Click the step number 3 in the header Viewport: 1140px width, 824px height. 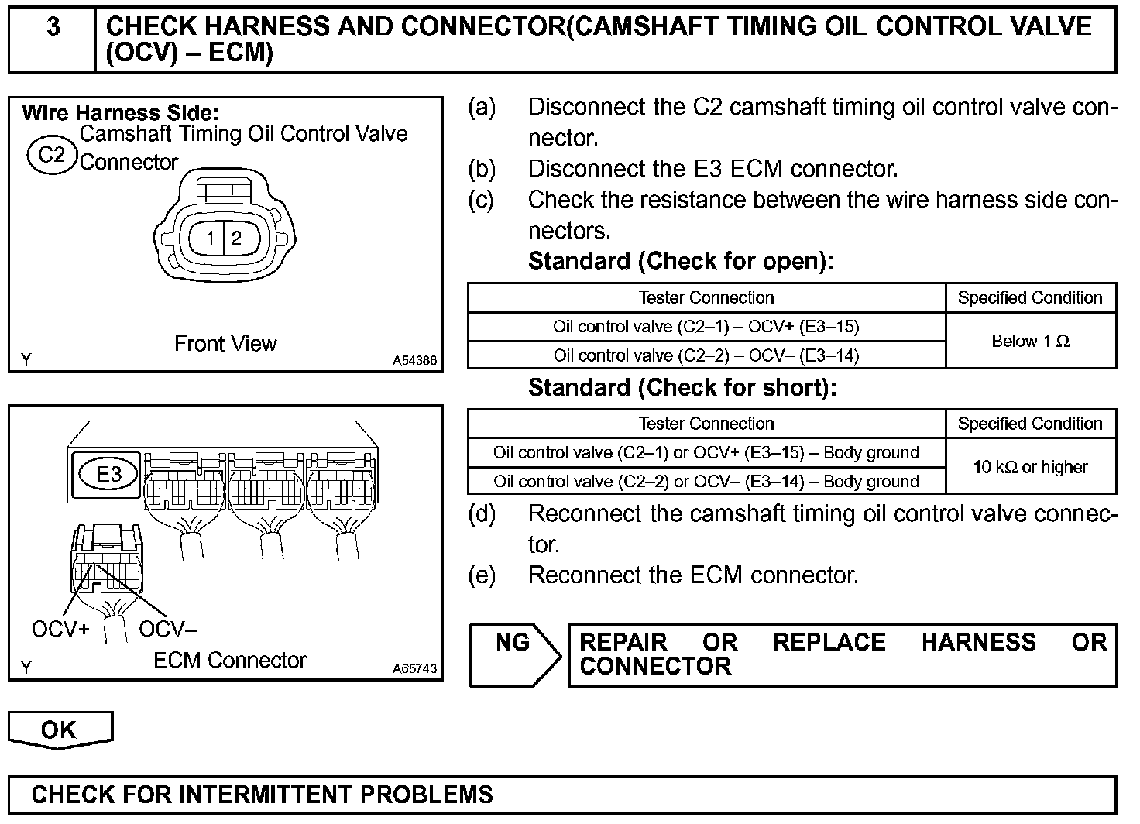(53, 28)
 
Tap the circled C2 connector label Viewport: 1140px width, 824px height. (52, 155)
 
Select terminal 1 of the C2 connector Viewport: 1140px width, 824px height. (211, 238)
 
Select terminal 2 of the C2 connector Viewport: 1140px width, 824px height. (236, 238)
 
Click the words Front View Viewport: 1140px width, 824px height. (225, 344)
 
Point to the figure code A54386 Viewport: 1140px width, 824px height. (414, 361)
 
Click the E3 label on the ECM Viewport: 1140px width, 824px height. (109, 474)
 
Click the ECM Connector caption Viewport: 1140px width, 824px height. (229, 661)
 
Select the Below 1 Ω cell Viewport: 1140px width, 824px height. (1030, 342)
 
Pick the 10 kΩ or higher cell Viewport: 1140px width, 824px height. (1030, 467)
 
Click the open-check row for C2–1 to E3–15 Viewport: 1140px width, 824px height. (706, 327)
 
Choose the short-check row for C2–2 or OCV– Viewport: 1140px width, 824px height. (706, 482)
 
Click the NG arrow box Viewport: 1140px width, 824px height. (514, 654)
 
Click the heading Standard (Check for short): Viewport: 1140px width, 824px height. (682, 388)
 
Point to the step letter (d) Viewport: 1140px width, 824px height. (482, 514)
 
